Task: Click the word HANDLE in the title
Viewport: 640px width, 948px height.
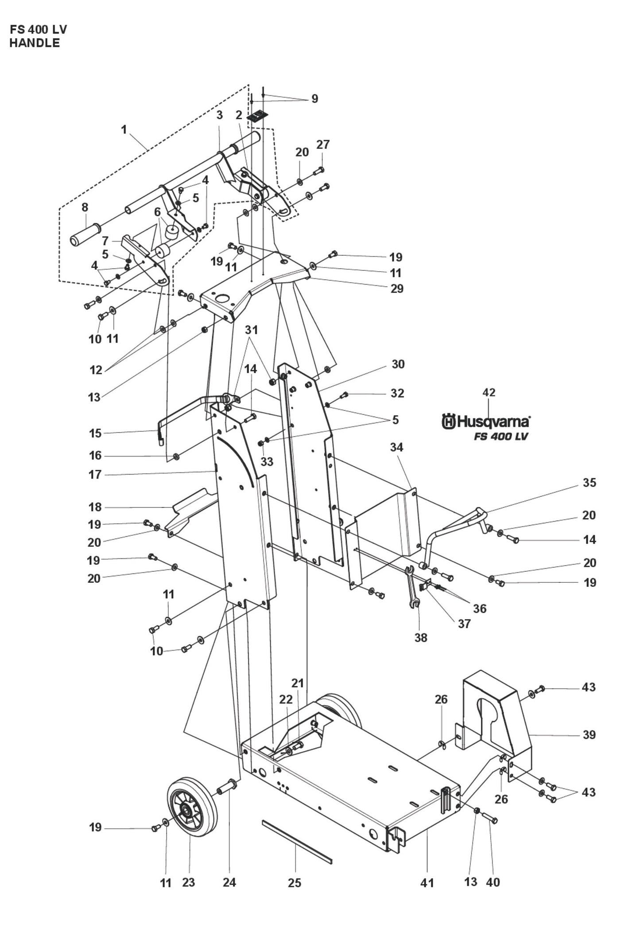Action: pyautogui.click(x=35, y=43)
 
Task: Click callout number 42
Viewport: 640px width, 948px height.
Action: pyautogui.click(x=489, y=392)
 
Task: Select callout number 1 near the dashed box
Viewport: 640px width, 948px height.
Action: pyautogui.click(x=124, y=129)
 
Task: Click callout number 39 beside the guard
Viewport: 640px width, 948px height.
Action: pyautogui.click(x=589, y=735)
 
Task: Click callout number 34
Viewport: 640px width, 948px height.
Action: pyautogui.click(x=396, y=447)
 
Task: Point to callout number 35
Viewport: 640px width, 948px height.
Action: pyautogui.click(x=589, y=483)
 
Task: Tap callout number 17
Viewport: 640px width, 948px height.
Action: pyautogui.click(x=95, y=475)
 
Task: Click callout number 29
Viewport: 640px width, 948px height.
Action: pyautogui.click(x=397, y=289)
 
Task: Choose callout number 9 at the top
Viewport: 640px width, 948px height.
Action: pyautogui.click(x=314, y=98)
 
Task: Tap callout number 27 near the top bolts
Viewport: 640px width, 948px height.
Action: pyautogui.click(x=323, y=144)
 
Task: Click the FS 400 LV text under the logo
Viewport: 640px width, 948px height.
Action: pyautogui.click(x=500, y=436)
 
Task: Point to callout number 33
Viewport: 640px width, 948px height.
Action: pyautogui.click(x=267, y=461)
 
